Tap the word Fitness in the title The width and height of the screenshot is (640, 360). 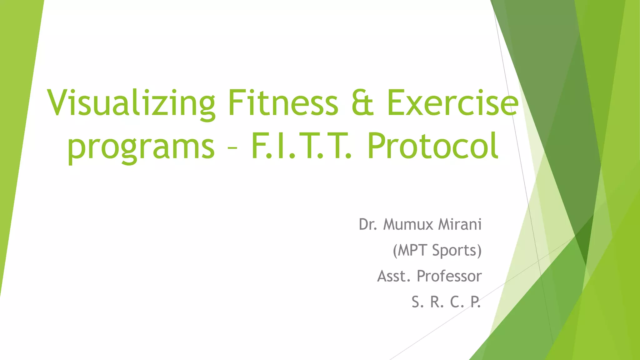click(283, 103)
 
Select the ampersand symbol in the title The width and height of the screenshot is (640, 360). click(362, 103)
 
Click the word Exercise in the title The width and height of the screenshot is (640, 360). click(452, 103)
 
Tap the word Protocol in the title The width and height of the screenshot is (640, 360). click(432, 146)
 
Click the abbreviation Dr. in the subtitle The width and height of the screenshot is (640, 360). click(368, 224)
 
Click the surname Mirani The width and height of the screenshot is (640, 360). click(460, 224)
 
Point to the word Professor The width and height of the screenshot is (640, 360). click(449, 276)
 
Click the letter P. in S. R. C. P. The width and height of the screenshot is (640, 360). click(475, 302)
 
